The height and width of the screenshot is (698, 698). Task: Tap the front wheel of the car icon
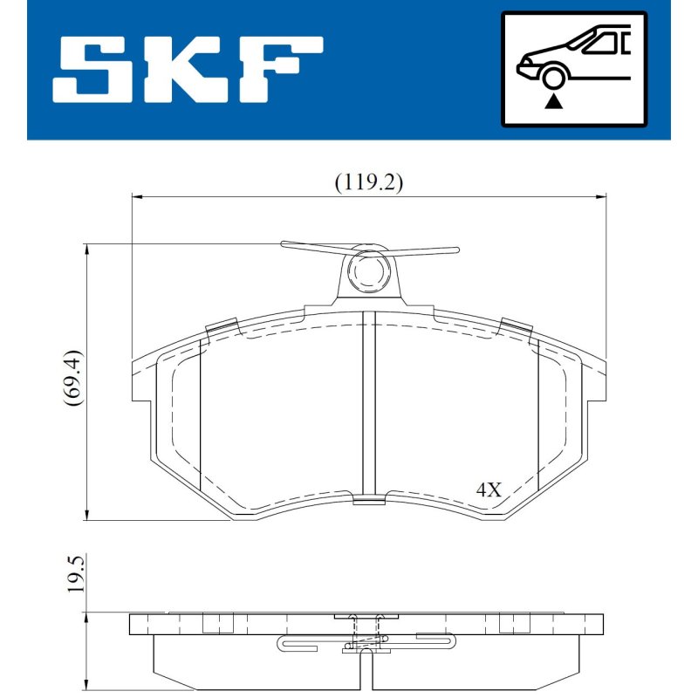(x=552, y=78)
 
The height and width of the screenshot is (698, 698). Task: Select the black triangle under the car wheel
(x=554, y=101)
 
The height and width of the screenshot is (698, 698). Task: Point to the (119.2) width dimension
(x=368, y=182)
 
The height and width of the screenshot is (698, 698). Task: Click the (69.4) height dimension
(x=73, y=378)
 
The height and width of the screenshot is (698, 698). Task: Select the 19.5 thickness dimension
(x=75, y=573)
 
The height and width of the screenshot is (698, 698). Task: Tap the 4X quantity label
(x=489, y=489)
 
